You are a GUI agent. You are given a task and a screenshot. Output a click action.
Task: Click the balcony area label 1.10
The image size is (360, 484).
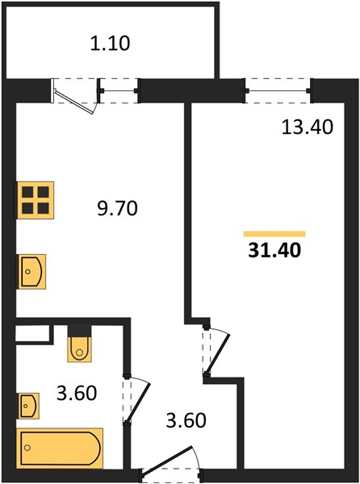click(111, 44)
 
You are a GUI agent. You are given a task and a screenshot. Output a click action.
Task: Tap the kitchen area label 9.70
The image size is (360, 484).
click(117, 208)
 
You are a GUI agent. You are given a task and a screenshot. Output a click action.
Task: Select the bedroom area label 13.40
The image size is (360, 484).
click(308, 127)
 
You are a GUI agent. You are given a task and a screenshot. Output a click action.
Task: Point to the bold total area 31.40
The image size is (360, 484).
click(274, 250)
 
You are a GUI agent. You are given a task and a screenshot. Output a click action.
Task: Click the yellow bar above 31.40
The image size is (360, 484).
click(274, 234)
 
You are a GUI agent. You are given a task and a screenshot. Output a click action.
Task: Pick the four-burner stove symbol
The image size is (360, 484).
click(36, 200)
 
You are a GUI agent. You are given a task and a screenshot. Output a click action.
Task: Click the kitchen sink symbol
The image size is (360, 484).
click(32, 272)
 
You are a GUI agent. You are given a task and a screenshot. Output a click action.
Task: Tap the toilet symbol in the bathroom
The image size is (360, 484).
click(80, 349)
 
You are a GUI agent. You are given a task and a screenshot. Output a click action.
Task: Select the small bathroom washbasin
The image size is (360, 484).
click(29, 406)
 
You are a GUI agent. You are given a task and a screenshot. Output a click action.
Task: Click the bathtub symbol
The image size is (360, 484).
click(60, 449)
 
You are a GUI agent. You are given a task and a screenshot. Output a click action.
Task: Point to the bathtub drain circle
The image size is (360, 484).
click(28, 448)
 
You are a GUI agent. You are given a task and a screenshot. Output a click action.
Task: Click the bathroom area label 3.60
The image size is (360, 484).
click(77, 394)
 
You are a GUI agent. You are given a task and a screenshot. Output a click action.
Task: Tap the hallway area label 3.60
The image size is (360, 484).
click(186, 420)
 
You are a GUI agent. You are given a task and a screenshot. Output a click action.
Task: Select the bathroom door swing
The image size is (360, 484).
click(137, 401)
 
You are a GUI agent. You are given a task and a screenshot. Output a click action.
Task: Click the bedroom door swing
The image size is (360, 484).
click(218, 352)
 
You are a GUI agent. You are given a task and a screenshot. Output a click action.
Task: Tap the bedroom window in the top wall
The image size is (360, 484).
click(278, 90)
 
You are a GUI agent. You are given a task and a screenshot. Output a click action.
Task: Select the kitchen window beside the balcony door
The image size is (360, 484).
click(119, 90)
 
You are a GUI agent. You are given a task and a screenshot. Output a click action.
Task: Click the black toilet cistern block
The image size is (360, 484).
click(80, 331)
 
